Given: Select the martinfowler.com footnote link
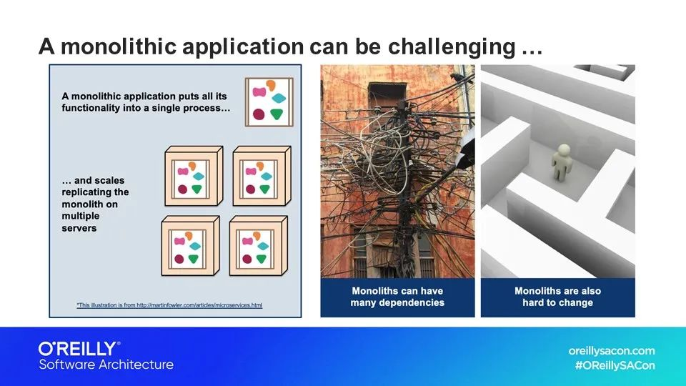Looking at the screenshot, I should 169,305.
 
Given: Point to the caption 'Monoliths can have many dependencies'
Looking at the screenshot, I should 397,297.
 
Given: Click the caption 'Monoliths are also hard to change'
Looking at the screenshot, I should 557,297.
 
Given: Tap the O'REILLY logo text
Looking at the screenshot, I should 76,349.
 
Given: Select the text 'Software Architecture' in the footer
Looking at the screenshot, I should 106,365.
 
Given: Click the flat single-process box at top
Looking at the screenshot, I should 269,102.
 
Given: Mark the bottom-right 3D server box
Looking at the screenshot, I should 257,246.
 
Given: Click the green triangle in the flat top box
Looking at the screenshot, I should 277,114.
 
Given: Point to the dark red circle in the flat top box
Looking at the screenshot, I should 259,114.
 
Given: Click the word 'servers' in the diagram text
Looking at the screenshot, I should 79,228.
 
